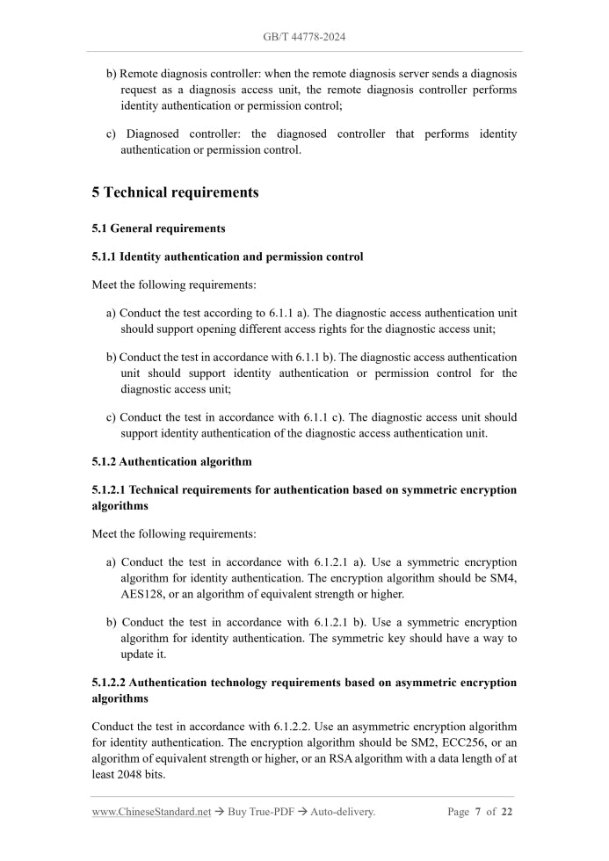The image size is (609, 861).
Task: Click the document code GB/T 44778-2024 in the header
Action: click(303, 37)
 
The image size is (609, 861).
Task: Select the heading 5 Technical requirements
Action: click(175, 192)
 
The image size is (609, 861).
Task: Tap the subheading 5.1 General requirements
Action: click(158, 228)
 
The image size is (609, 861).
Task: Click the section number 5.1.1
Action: click(104, 257)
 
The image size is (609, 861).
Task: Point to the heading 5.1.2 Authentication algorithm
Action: click(171, 461)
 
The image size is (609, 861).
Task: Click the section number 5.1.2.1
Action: click(108, 489)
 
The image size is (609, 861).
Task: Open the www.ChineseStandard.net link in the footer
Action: click(151, 812)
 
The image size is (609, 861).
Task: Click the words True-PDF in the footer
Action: click(275, 812)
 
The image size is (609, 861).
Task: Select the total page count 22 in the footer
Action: click(506, 812)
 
